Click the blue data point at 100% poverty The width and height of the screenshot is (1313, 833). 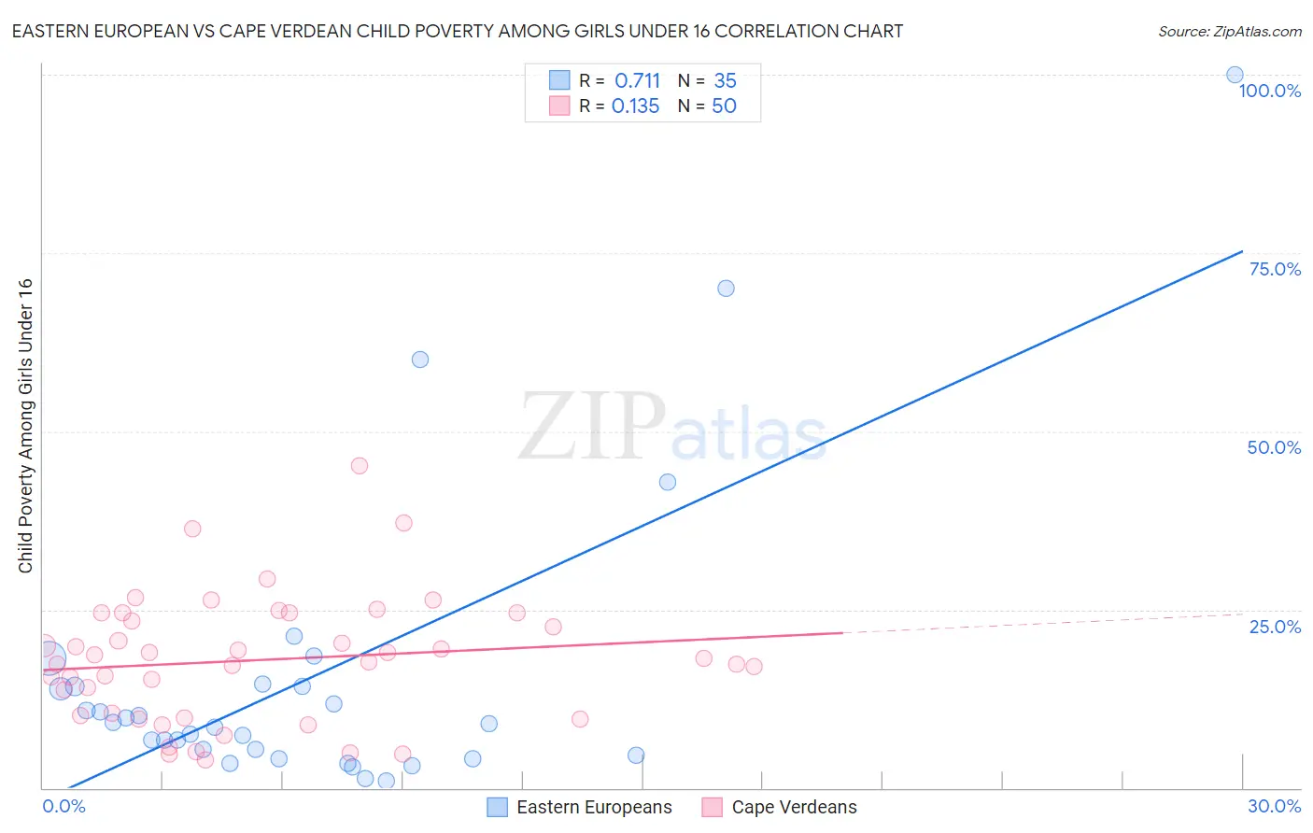click(1235, 75)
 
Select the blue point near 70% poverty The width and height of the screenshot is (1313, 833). click(726, 289)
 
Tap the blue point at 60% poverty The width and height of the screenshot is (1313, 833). click(420, 360)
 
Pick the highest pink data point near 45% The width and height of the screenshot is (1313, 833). click(360, 465)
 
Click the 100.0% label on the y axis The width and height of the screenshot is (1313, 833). click(1269, 91)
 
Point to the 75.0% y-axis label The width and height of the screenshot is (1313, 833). click(1275, 269)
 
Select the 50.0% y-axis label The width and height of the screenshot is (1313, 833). click(1274, 447)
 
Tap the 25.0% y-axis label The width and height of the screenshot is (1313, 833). click(1275, 627)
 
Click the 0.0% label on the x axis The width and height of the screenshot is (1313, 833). click(64, 806)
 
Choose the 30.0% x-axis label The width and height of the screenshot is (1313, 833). click(1274, 806)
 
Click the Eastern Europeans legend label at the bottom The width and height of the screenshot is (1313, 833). click(594, 808)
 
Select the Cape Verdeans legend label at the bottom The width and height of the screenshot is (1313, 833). click(794, 808)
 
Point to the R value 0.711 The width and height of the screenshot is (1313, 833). click(637, 81)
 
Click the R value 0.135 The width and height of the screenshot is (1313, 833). click(635, 106)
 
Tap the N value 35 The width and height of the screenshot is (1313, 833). click(725, 81)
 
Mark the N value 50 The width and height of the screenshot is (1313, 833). click(724, 106)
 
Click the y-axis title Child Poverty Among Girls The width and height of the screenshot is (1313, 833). click(25, 426)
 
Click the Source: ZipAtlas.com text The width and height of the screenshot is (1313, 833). click(1229, 32)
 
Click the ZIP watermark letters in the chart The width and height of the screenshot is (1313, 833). click(592, 426)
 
